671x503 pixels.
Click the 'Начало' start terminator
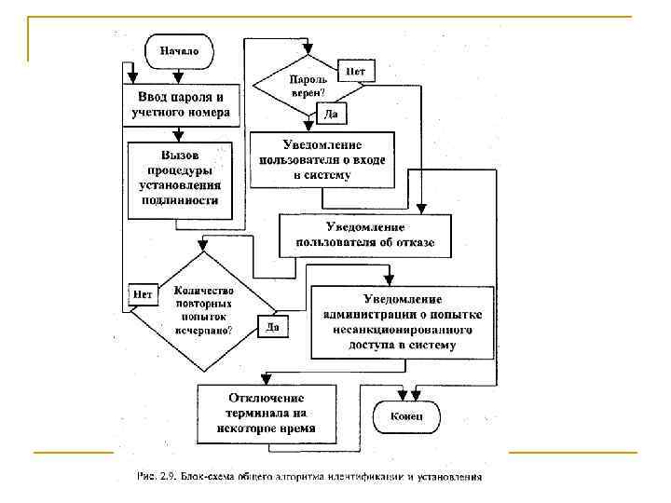point(179,50)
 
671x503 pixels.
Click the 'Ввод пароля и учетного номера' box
point(181,105)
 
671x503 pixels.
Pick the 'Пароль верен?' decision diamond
point(307,87)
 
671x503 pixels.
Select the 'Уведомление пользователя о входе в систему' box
point(322,159)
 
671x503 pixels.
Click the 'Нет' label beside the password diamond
point(355,71)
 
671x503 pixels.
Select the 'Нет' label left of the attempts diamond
point(143,294)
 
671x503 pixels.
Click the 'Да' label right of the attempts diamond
point(272,327)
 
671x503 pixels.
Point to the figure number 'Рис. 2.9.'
point(150,477)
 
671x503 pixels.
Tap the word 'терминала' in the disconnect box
point(265,415)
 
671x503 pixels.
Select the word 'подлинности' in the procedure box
point(181,199)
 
